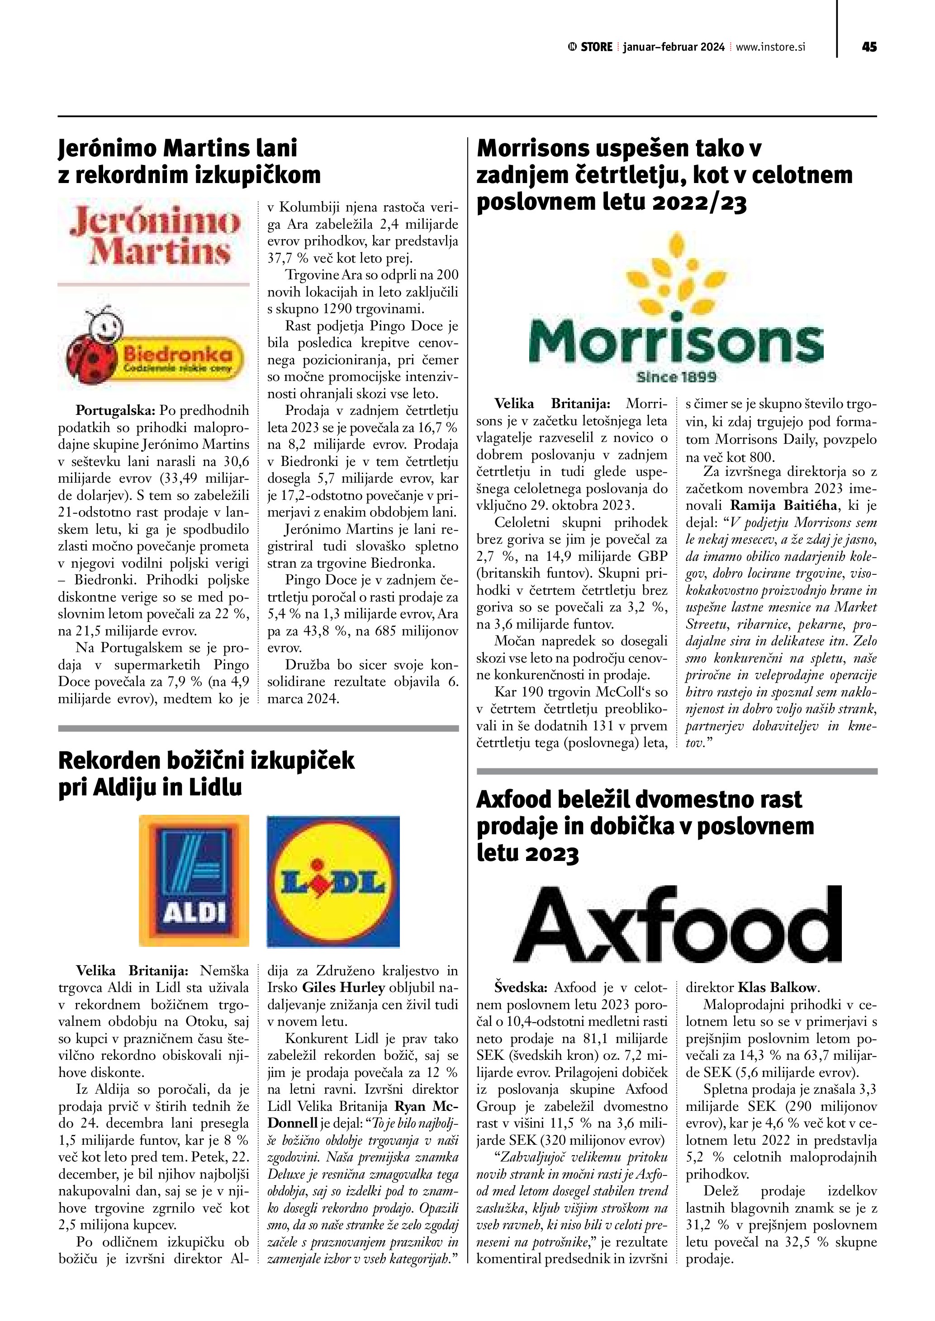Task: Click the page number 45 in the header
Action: [x=869, y=47]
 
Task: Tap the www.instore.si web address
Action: [x=770, y=47]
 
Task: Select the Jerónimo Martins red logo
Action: [x=154, y=236]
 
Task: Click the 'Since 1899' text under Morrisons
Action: [x=676, y=377]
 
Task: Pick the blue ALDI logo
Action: [x=194, y=880]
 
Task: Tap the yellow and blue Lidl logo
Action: [x=333, y=881]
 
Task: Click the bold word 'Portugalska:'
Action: [x=116, y=411]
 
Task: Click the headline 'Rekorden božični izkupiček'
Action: [x=206, y=761]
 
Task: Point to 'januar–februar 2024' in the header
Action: [x=674, y=47]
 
